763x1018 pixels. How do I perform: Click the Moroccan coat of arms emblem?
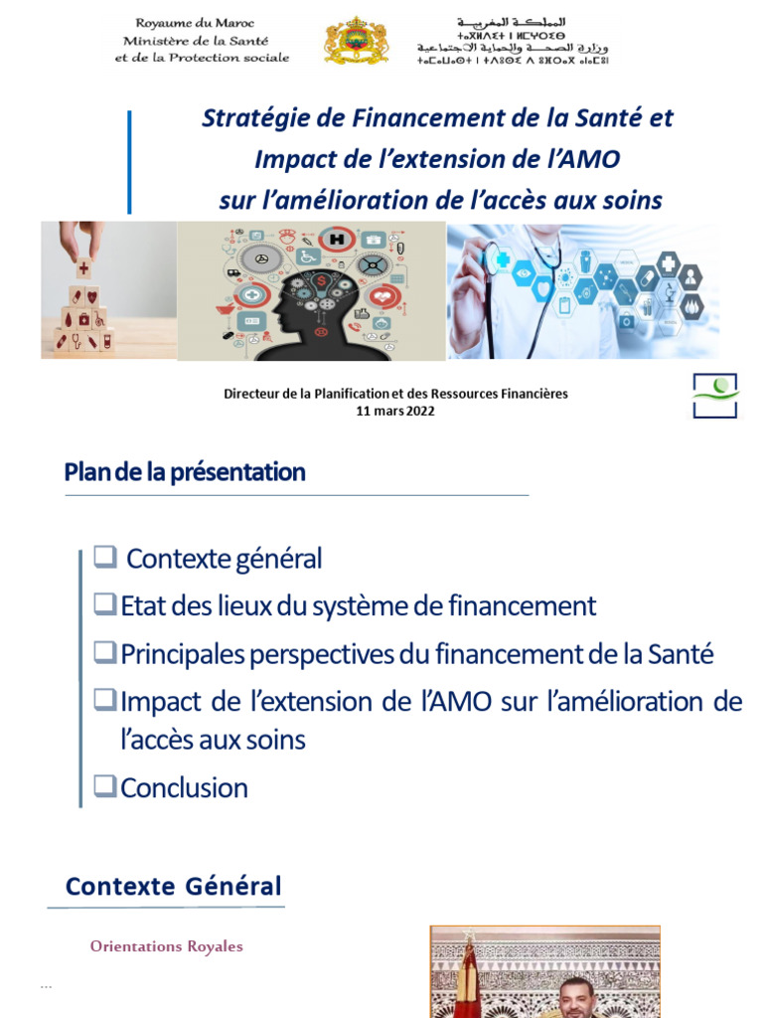357,40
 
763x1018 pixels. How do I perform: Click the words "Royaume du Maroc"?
195,24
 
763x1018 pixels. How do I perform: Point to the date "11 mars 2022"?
395,411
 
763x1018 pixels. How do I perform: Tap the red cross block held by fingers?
83,268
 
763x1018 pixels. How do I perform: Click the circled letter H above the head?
338,240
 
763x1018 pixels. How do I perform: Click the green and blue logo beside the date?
715,396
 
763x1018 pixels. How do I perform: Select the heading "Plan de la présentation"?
185,472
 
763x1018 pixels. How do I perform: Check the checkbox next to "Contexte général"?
105,557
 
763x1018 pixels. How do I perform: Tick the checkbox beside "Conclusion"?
105,785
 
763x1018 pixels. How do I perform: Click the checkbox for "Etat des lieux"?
105,603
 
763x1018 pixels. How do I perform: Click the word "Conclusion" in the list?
184,788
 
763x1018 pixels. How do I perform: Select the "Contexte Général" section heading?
173,886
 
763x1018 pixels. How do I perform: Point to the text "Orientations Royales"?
167,946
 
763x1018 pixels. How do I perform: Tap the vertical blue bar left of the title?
130,162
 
